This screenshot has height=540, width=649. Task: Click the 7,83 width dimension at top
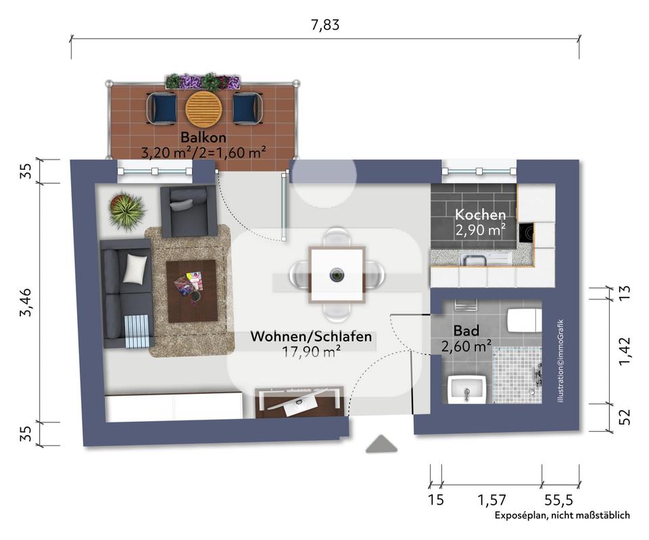tap(325, 25)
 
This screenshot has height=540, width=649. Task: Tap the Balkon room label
tap(203, 137)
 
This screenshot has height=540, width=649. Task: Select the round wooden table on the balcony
tap(203, 109)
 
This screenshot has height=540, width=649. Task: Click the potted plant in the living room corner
tap(126, 210)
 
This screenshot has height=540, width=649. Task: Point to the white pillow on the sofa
tap(135, 268)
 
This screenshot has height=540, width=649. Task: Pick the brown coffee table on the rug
tap(192, 291)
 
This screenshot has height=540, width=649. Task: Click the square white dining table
tap(337, 275)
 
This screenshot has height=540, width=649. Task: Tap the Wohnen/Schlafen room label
tap(311, 336)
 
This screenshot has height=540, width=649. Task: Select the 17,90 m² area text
tap(311, 351)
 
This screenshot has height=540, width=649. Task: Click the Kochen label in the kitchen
tap(480, 214)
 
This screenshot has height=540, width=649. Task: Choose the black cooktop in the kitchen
tap(526, 233)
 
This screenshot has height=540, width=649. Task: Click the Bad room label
tap(466, 330)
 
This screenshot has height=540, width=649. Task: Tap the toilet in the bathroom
tap(525, 320)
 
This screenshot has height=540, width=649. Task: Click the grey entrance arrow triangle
tap(381, 443)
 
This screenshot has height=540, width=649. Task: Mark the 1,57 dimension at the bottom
tap(491, 500)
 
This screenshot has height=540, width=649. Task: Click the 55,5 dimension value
tap(559, 500)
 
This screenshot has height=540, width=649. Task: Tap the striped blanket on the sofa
tap(137, 331)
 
